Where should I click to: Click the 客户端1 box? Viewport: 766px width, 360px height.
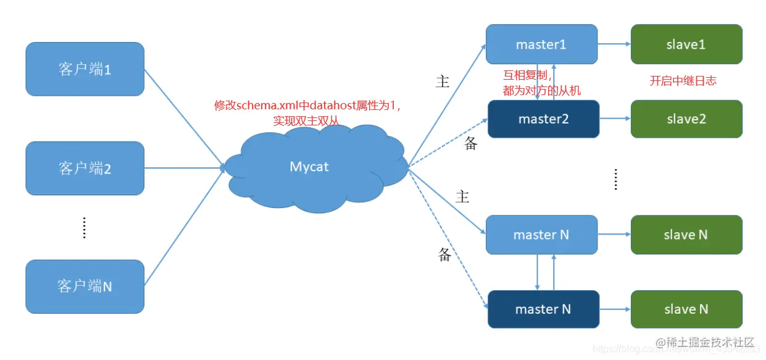click(x=85, y=69)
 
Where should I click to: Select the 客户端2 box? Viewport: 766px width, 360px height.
click(x=85, y=168)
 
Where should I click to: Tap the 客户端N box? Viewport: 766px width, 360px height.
click(x=85, y=286)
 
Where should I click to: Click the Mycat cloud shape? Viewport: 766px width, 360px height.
click(x=309, y=167)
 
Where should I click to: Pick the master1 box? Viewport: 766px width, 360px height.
click(x=541, y=44)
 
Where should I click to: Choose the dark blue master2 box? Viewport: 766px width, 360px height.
click(x=543, y=119)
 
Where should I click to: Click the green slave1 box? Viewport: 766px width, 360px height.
click(x=686, y=44)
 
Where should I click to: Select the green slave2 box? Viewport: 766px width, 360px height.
click(x=686, y=119)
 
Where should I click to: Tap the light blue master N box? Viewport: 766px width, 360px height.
click(x=541, y=235)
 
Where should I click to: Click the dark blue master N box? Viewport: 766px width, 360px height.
click(x=543, y=309)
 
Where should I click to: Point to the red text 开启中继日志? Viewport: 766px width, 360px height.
click(x=683, y=81)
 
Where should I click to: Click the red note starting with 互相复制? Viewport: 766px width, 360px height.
click(x=541, y=83)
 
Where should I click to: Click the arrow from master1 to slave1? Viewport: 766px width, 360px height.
click(x=614, y=44)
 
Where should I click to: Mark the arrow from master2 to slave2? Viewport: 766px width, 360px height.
click(x=614, y=119)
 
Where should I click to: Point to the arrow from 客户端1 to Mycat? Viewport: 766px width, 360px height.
click(x=183, y=117)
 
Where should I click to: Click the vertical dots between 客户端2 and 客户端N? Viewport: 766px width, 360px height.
click(x=85, y=227)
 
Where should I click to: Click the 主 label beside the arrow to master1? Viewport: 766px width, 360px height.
click(x=443, y=82)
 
